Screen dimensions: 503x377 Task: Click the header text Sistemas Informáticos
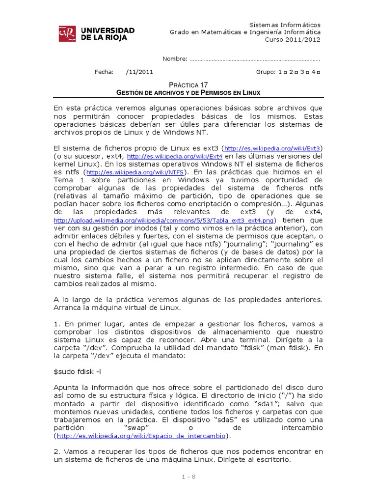pyautogui.click(x=285, y=25)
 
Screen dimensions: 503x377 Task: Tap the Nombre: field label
pyautogui.click(x=175, y=59)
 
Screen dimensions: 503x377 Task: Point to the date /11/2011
pyautogui.click(x=139, y=72)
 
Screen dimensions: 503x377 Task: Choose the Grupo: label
pyautogui.click(x=266, y=72)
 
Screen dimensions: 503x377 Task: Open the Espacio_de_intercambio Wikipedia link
pyautogui.click(x=141, y=436)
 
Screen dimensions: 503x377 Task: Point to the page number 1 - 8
pyautogui.click(x=188, y=476)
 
